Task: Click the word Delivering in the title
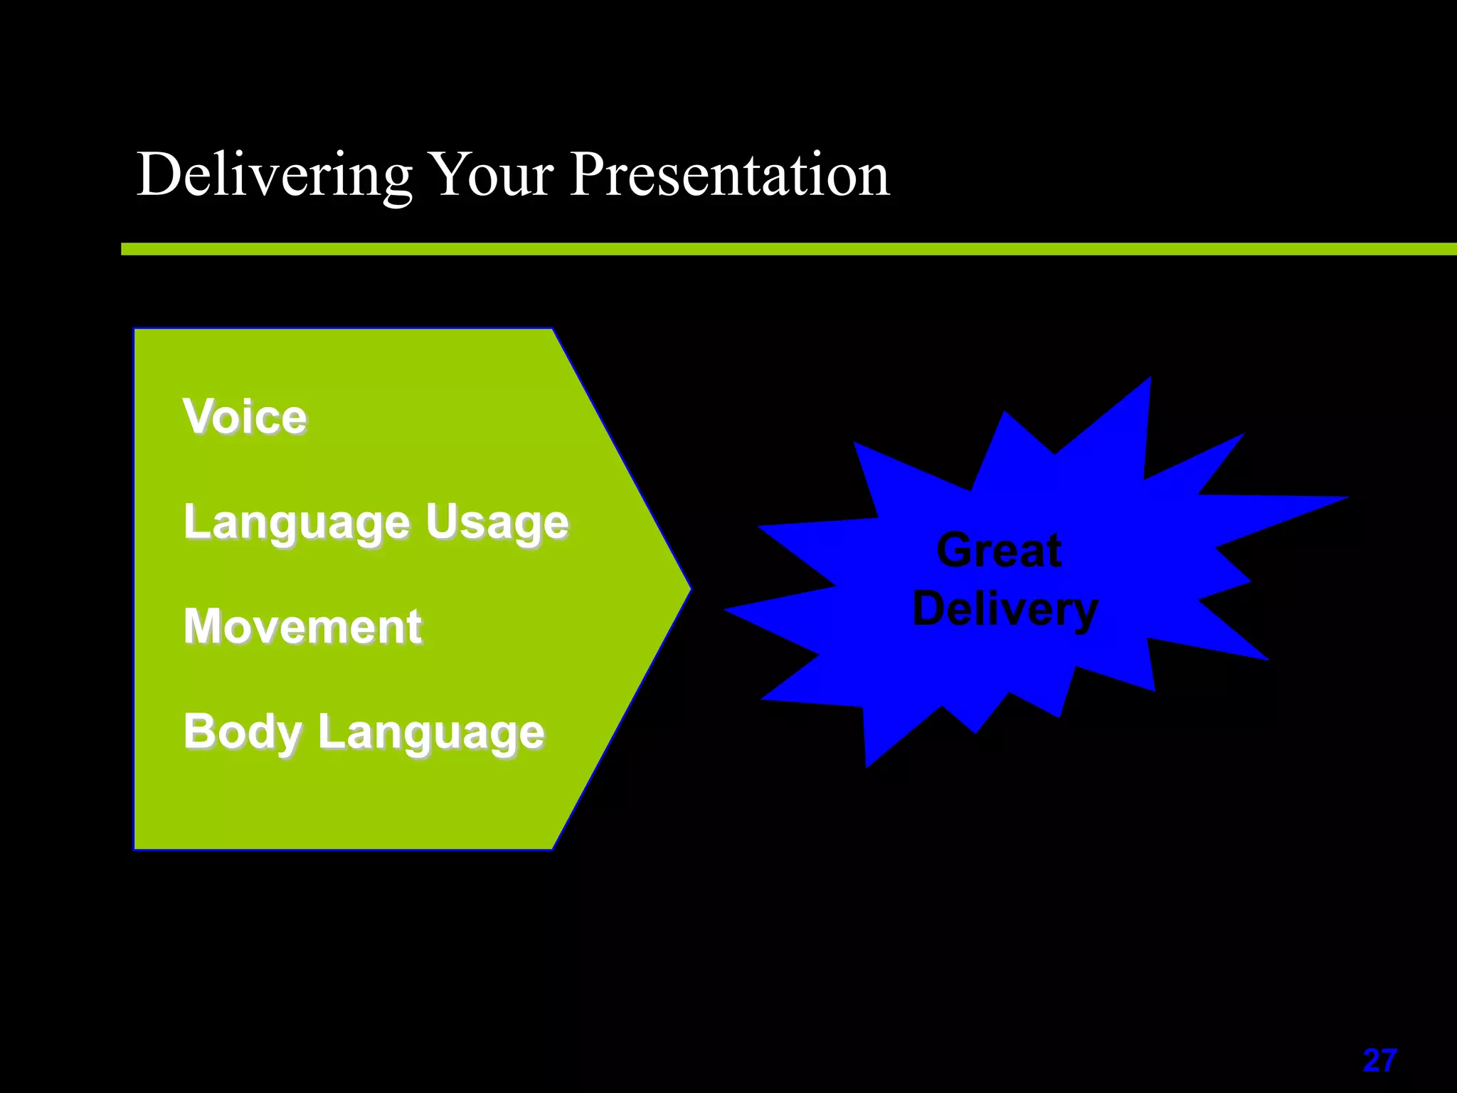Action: coord(274,176)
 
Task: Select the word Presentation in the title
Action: coord(729,176)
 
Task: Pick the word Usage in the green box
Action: coord(497,523)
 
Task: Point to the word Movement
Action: coord(302,627)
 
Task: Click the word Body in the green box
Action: coord(242,732)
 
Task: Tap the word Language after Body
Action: coord(431,734)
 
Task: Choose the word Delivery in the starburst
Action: coord(1005,610)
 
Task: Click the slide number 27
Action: coord(1379,1061)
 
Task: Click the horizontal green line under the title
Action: coord(783,248)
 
